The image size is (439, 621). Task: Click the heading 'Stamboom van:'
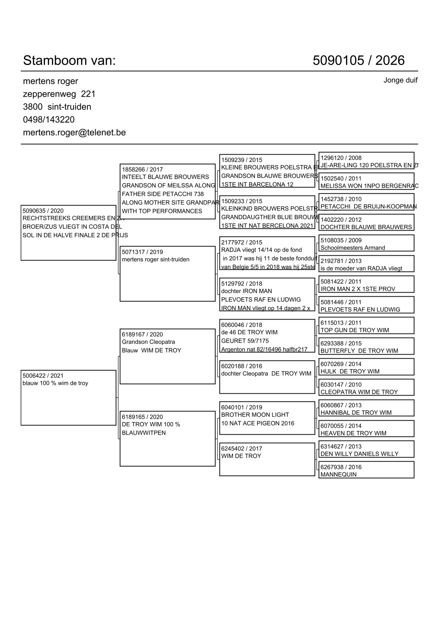69,61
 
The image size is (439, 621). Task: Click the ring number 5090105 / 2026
358,61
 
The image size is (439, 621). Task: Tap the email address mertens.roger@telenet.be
74,132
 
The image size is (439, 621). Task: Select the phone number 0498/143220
49,120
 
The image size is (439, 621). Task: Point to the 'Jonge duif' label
400,80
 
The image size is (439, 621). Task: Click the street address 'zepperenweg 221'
59,94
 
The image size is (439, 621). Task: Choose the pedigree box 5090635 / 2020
68,232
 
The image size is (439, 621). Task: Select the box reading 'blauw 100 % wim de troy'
68,397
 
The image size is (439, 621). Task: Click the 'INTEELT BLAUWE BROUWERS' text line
165,177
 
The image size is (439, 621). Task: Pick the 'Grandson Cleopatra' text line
148,342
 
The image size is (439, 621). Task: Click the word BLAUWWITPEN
144,433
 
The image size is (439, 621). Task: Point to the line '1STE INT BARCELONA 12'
257,184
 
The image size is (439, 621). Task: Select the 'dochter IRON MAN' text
246,291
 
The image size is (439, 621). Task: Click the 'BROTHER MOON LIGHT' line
255,415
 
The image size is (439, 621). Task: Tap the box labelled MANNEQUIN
366,470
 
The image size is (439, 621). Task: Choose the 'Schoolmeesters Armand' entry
353,248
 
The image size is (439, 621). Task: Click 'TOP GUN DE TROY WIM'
355,330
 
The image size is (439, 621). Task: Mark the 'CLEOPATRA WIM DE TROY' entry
359,392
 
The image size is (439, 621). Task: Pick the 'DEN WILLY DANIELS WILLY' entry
359,454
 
